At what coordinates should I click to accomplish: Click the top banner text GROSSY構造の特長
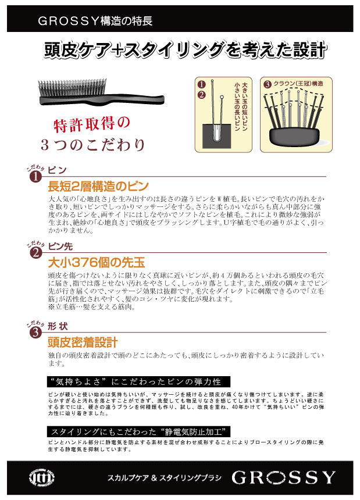click(x=95, y=21)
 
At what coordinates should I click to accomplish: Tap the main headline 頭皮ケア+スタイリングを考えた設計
click(x=186, y=50)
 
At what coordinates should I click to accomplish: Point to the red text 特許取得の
click(x=91, y=124)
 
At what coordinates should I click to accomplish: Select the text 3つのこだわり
click(x=93, y=145)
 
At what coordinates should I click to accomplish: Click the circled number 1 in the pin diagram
click(x=202, y=84)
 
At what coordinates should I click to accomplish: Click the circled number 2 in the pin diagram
click(x=202, y=95)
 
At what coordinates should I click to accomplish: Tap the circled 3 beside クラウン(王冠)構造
click(x=267, y=84)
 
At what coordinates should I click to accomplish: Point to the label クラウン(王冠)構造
click(x=298, y=84)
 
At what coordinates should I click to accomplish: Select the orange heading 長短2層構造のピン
click(x=98, y=186)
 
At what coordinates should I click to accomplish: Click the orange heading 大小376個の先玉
click(x=97, y=262)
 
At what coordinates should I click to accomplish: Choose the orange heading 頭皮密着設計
click(x=83, y=342)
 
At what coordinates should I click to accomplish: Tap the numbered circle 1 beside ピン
click(x=35, y=177)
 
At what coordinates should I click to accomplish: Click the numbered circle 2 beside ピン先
click(x=35, y=253)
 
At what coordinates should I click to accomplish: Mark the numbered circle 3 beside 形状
click(x=35, y=333)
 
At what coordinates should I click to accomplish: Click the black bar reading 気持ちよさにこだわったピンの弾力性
click(x=138, y=382)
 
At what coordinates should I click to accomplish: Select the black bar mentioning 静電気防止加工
click(x=138, y=432)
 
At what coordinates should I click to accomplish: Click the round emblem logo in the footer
click(x=41, y=478)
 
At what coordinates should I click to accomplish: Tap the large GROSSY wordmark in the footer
click(x=283, y=477)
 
